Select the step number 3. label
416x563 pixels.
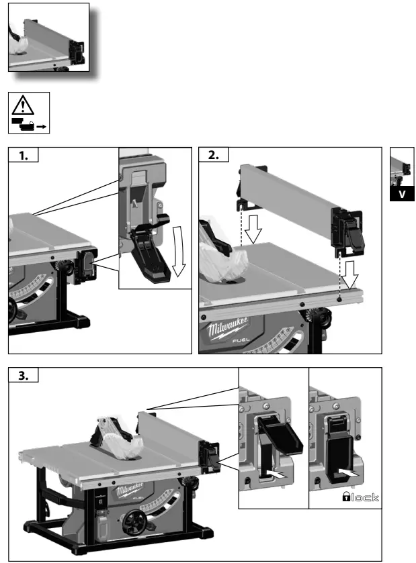pyautogui.click(x=24, y=376)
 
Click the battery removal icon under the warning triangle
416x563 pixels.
pyautogui.click(x=29, y=123)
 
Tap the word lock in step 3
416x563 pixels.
pyautogui.click(x=362, y=497)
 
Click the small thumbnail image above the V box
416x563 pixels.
pyautogui.click(x=401, y=168)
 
